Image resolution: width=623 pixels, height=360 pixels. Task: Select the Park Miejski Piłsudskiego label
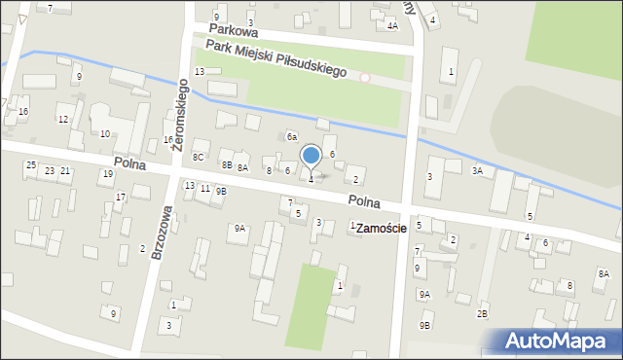pyautogui.click(x=277, y=59)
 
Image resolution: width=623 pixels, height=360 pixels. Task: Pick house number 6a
pyautogui.click(x=291, y=137)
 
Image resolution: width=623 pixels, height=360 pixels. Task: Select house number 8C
pyautogui.click(x=199, y=157)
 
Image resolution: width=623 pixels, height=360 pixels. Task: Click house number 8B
pyautogui.click(x=226, y=165)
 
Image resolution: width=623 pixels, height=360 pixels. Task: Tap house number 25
pyautogui.click(x=31, y=165)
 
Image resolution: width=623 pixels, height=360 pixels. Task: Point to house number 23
pyautogui.click(x=49, y=171)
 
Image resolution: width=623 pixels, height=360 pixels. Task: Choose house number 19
pyautogui.click(x=107, y=174)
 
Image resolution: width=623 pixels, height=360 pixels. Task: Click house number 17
pyautogui.click(x=121, y=198)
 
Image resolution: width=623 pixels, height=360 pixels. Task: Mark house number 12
pyautogui.click(x=62, y=120)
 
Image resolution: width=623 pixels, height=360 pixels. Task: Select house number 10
pyautogui.click(x=104, y=133)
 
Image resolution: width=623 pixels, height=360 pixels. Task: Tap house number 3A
pyautogui.click(x=477, y=171)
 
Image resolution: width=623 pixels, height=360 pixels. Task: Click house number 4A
pyautogui.click(x=392, y=26)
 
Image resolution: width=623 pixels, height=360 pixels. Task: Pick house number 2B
pyautogui.click(x=481, y=314)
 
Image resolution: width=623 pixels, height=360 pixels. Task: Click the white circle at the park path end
pyautogui.click(x=365, y=77)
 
